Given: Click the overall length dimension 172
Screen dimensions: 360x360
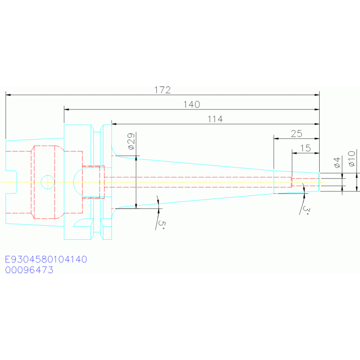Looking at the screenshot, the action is pos(162,90).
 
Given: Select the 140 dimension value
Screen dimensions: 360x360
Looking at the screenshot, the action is pos(191,105).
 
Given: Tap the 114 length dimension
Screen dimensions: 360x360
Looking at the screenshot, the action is pos(215,119).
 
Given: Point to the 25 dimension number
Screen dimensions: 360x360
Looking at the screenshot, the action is pos(297,134).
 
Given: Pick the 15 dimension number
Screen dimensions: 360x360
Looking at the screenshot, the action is pos(306,148).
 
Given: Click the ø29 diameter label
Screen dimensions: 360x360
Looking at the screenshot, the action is pos(131,141).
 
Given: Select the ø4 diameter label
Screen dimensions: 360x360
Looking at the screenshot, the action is pos(337,162).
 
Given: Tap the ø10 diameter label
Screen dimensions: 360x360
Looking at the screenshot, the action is pos(352,159).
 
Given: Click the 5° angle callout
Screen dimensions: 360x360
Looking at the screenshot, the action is pos(161,225).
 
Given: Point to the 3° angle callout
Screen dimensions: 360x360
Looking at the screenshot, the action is pos(306,210).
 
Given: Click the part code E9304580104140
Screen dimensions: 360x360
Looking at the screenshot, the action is pos(46,259).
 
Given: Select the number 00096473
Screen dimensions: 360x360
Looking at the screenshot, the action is pos(29,270).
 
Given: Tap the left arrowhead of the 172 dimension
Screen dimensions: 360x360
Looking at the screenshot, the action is pos(8,95).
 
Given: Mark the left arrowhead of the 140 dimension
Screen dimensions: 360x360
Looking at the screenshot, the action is pos(67,109).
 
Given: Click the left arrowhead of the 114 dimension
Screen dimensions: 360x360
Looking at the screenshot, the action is pos(114,124).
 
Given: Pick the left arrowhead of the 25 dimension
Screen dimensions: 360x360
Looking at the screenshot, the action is pos(276,138).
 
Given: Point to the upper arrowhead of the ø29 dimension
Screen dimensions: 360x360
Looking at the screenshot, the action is pos(136,158).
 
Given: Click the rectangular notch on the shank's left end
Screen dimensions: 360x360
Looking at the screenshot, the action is pos(11,182).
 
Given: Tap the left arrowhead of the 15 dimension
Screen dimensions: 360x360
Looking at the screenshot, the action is pos(295,153).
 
